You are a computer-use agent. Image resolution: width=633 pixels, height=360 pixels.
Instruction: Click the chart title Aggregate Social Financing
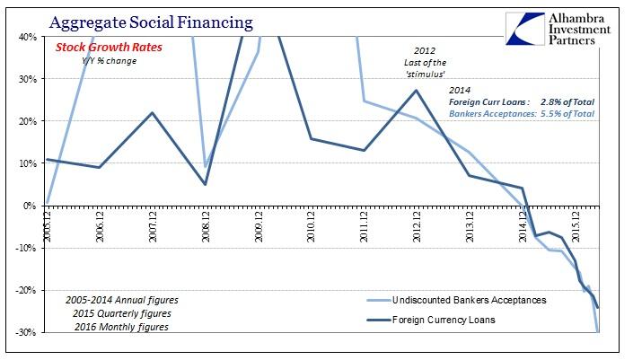pyautogui.click(x=151, y=22)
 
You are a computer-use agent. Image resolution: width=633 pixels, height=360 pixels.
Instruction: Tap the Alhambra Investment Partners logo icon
pyautogui.click(x=525, y=28)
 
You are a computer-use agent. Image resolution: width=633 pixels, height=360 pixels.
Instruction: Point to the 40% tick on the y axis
pyautogui.click(x=28, y=37)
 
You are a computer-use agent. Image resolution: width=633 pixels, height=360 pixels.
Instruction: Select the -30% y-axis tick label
pyautogui.click(x=26, y=332)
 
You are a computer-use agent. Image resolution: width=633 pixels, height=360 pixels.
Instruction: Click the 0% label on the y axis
pyautogui.click(x=30, y=206)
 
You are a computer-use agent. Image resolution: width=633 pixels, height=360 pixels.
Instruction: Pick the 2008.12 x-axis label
pyautogui.click(x=206, y=226)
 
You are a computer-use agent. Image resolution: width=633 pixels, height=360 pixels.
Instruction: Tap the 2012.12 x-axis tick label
pyautogui.click(x=417, y=226)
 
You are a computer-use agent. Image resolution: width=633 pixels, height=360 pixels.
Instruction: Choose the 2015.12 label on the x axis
pyautogui.click(x=576, y=226)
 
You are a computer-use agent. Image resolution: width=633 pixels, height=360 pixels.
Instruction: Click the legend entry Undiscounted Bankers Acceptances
pyautogui.click(x=457, y=300)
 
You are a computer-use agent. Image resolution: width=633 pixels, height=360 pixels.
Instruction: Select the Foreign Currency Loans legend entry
pyautogui.click(x=431, y=320)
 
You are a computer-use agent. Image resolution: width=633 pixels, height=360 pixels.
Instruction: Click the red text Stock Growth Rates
pyautogui.click(x=109, y=48)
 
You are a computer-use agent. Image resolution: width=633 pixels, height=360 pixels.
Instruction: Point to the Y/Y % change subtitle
pyautogui.click(x=109, y=61)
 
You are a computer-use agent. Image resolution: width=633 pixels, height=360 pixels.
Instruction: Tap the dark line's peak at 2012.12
pyautogui.click(x=417, y=90)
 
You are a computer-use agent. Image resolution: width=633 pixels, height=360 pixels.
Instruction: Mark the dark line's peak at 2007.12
pyautogui.click(x=152, y=112)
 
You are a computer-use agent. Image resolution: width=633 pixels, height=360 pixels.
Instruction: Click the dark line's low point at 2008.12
pyautogui.click(x=206, y=184)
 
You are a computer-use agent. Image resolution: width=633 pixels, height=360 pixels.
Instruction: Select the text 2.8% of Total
pyautogui.click(x=567, y=102)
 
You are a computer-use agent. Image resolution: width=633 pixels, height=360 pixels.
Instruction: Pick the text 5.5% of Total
pyautogui.click(x=567, y=114)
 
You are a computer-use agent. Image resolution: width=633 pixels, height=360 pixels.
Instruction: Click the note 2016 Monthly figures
pyautogui.click(x=121, y=327)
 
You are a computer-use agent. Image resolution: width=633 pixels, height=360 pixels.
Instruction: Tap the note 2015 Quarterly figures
pyautogui.click(x=122, y=313)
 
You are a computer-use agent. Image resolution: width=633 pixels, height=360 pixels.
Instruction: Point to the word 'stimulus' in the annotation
pyautogui.click(x=425, y=75)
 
